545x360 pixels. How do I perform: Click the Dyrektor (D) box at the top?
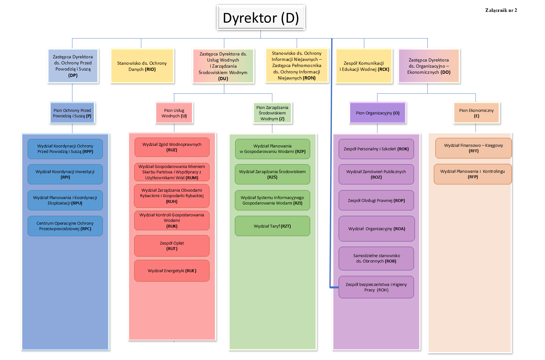pyautogui.click(x=261, y=18)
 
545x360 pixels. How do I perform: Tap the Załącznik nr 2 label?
pyautogui.click(x=501, y=10)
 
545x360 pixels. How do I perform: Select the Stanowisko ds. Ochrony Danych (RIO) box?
pyautogui.click(x=142, y=66)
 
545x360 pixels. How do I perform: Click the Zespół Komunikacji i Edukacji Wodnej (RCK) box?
pyautogui.click(x=364, y=66)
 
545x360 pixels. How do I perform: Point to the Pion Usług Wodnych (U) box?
pyautogui.click(x=174, y=113)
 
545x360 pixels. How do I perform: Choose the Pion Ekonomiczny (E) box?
pyautogui.click(x=476, y=113)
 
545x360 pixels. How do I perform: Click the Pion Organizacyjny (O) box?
pyautogui.click(x=377, y=113)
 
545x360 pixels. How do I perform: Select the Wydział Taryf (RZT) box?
pyautogui.click(x=272, y=226)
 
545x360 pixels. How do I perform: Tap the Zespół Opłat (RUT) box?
pyautogui.click(x=172, y=246)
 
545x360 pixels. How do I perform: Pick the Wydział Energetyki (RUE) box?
pyautogui.click(x=172, y=271)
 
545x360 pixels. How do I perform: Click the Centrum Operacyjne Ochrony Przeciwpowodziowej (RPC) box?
pyautogui.click(x=65, y=226)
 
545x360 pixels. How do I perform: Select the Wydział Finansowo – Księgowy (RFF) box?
pyautogui.click(x=473, y=148)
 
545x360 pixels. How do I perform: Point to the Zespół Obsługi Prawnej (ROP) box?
pyautogui.click(x=376, y=200)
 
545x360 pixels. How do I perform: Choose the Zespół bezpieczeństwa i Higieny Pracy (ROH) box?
pyautogui.click(x=376, y=287)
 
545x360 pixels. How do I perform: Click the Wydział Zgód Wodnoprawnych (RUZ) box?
pyautogui.click(x=172, y=147)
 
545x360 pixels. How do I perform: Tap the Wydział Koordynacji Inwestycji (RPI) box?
pyautogui.click(x=65, y=174)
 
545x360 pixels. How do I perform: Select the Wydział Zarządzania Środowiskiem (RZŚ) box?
pyautogui.click(x=272, y=174)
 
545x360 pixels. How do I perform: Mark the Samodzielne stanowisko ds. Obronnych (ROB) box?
pyautogui.click(x=376, y=258)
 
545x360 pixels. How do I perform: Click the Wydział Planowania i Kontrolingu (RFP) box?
pyautogui.click(x=473, y=174)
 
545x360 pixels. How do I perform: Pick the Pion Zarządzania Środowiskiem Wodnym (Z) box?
pyautogui.click(x=272, y=113)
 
